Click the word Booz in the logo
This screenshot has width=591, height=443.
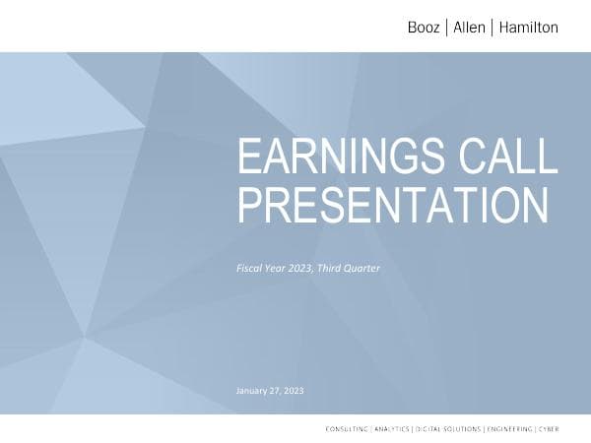click(424, 28)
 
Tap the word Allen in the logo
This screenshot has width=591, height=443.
click(469, 28)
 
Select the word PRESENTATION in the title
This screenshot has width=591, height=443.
click(393, 205)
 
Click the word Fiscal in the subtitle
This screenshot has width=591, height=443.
click(248, 267)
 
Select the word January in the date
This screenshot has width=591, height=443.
click(253, 391)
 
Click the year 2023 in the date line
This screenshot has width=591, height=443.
click(295, 391)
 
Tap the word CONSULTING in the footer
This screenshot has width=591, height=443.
click(348, 429)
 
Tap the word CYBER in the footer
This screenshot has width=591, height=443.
click(548, 429)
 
